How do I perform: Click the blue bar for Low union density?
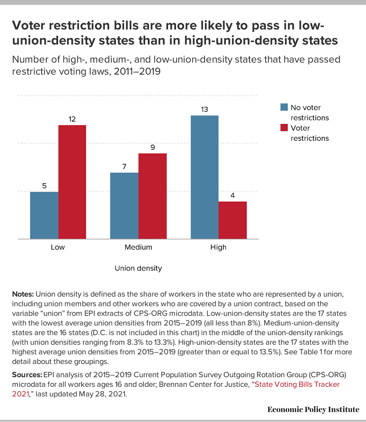[44, 215]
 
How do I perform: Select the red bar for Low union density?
[72, 182]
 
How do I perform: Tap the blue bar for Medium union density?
[124, 206]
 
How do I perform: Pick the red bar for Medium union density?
[152, 196]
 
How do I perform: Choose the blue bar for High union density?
[205, 177]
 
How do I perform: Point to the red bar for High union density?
[233, 220]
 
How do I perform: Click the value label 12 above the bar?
[72, 119]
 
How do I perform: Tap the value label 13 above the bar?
[205, 109]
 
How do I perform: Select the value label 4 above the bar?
[233, 195]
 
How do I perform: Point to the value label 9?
[152, 147]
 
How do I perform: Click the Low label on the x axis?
[58, 247]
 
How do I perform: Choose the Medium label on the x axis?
[138, 247]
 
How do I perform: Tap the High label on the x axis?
[219, 247]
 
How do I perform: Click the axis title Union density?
[138, 268]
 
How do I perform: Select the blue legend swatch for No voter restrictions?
[284, 107]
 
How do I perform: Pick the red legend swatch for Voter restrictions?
[284, 128]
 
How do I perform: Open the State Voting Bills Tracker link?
[297, 385]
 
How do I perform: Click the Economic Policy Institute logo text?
[313, 409]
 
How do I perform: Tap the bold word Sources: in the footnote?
[26, 374]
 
